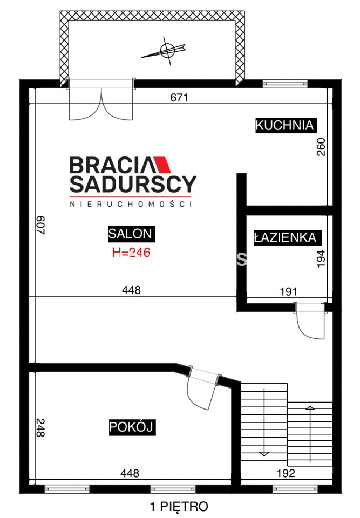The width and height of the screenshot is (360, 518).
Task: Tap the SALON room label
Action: [131, 234]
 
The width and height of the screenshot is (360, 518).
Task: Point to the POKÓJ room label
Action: [132, 427]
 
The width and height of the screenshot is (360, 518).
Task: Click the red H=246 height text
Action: [131, 253]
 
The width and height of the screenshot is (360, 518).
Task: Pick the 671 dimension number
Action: [179, 98]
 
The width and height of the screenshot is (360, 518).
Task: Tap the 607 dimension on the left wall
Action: [40, 225]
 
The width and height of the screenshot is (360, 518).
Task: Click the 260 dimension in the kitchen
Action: [321, 147]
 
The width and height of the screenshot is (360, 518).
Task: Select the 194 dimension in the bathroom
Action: [321, 259]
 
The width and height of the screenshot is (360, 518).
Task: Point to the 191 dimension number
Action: [289, 291]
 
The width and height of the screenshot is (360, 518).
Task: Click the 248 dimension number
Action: [40, 428]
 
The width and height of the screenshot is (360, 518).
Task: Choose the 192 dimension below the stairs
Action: [286, 473]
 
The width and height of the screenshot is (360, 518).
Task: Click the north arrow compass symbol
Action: [165, 51]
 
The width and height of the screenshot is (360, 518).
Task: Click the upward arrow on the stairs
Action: [310, 433]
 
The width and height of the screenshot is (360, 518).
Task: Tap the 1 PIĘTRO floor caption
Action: [179, 506]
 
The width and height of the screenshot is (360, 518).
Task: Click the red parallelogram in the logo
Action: [162, 165]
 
